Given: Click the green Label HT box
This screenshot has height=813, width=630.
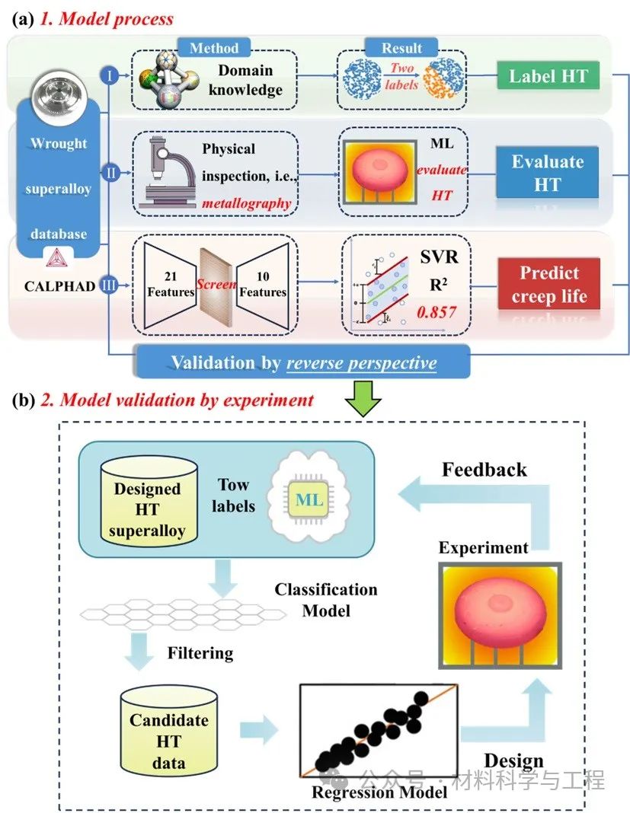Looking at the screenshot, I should click(x=548, y=76).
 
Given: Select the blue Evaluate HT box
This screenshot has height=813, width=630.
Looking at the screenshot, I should click(x=548, y=173).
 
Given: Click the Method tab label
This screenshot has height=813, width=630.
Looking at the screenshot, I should click(x=214, y=48).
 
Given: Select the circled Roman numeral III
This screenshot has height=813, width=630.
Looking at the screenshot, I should click(x=109, y=286).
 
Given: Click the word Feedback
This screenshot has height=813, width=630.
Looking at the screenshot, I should click(x=484, y=470).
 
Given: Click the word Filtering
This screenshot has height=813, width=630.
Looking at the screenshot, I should click(x=200, y=653).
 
